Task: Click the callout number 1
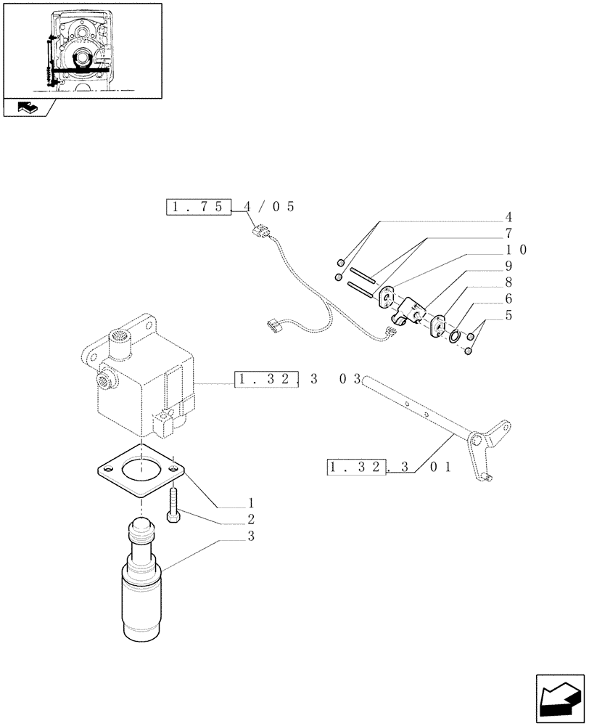(250, 502)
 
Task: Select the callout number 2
(250, 520)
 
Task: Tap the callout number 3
(250, 537)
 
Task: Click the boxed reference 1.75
(198, 207)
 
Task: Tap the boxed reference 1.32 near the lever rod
(357, 467)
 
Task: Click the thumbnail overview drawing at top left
(81, 49)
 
